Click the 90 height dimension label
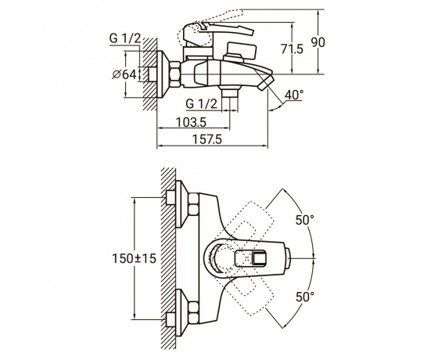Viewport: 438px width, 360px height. [318, 42]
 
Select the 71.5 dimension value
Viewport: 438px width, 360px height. [292, 49]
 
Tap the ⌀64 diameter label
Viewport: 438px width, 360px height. [124, 74]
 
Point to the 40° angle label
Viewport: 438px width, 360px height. [294, 95]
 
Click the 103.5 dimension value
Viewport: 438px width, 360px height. [191, 122]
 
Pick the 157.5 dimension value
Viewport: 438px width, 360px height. [207, 139]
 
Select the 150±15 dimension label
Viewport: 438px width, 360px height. [134, 258]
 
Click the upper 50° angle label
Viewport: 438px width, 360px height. [305, 220]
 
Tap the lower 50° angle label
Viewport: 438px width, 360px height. [305, 297]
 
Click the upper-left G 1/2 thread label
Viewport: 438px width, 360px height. [125, 38]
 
